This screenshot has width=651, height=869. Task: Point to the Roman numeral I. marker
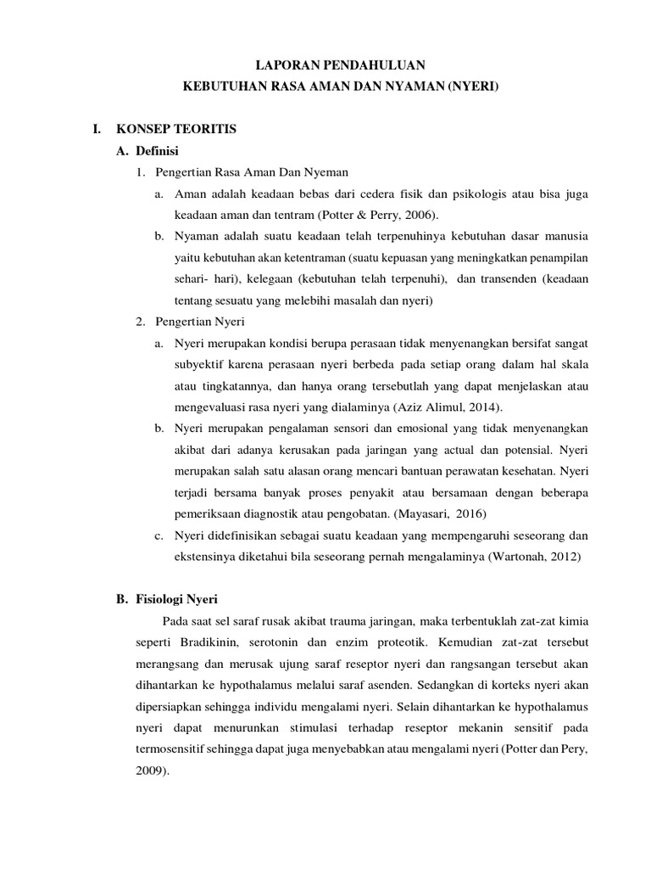97,129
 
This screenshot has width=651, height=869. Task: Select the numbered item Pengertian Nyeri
200,321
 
